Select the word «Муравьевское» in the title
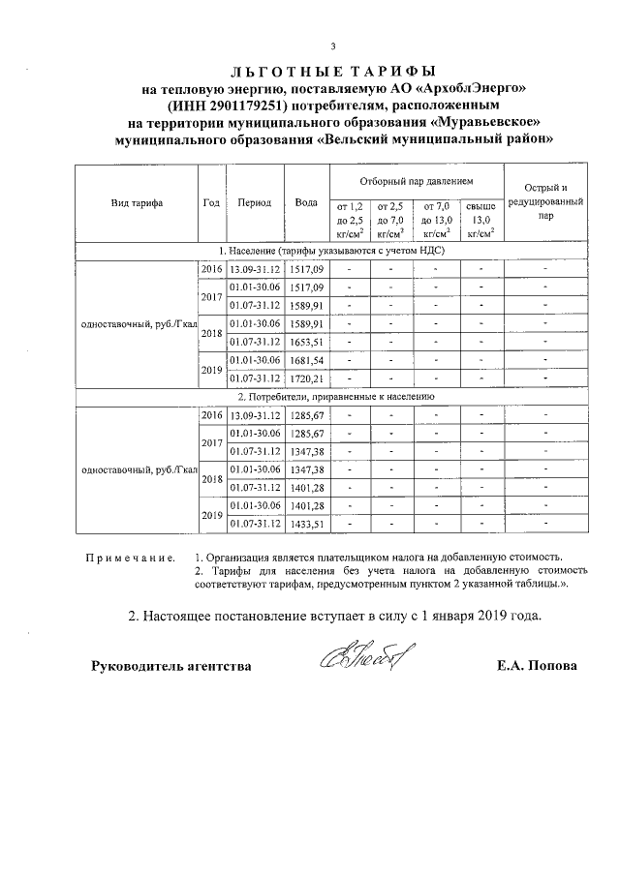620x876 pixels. point(483,122)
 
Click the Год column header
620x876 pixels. point(211,204)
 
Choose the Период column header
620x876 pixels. point(254,204)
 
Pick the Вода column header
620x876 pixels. point(306,204)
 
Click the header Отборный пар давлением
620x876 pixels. point(417,181)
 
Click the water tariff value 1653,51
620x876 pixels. point(306,342)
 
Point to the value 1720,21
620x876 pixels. point(306,378)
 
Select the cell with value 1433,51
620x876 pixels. point(306,525)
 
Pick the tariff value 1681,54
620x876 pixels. point(306,360)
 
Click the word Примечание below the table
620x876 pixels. point(131,559)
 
